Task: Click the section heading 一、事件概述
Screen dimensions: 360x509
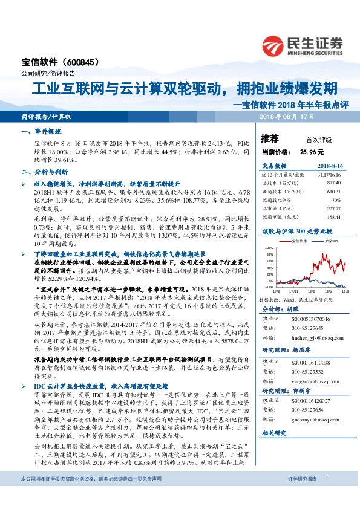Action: pos(42,131)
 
